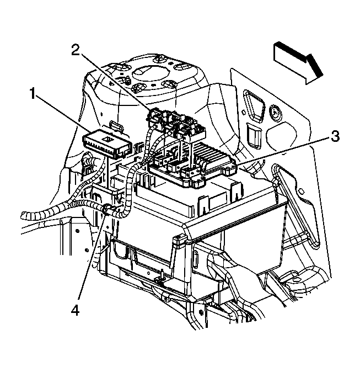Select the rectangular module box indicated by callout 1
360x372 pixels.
(108, 142)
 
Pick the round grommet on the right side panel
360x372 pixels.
(274, 114)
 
